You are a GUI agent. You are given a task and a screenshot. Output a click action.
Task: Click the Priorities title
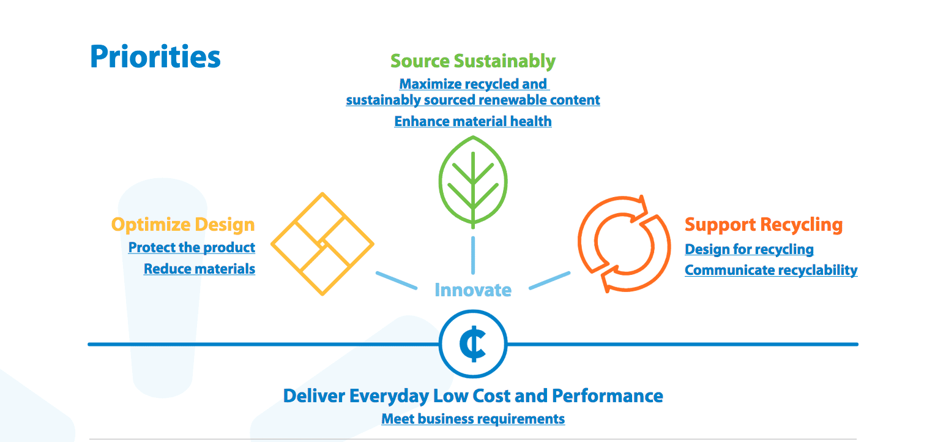click(x=155, y=56)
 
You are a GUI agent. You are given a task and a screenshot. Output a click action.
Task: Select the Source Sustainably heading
click(x=473, y=61)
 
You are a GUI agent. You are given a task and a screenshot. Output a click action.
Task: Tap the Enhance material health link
click(x=473, y=121)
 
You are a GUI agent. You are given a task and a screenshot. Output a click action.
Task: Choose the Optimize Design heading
click(x=183, y=225)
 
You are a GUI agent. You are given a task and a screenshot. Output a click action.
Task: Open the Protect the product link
click(x=192, y=247)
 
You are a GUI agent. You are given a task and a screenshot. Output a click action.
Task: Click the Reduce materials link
click(x=199, y=268)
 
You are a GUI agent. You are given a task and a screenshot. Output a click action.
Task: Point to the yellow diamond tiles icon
click(x=322, y=244)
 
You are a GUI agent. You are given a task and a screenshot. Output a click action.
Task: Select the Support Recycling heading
click(x=764, y=225)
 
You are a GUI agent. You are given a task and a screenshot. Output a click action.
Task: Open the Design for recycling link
click(x=749, y=249)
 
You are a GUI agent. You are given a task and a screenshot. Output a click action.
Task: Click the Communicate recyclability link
click(x=771, y=269)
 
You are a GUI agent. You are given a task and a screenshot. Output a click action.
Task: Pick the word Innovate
click(x=473, y=290)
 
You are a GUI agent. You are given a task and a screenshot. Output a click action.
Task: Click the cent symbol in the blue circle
click(x=473, y=344)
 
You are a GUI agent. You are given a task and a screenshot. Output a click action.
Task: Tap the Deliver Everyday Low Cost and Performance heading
click(x=473, y=395)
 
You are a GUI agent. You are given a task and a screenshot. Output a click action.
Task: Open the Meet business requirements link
click(x=473, y=419)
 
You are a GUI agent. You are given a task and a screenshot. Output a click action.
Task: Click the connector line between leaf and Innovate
click(x=473, y=255)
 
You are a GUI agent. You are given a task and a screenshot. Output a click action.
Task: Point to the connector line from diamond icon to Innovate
click(x=397, y=280)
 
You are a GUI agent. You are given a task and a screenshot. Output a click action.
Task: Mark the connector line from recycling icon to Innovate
click(x=549, y=280)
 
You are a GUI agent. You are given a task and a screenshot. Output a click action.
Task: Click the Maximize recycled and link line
click(x=474, y=84)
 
